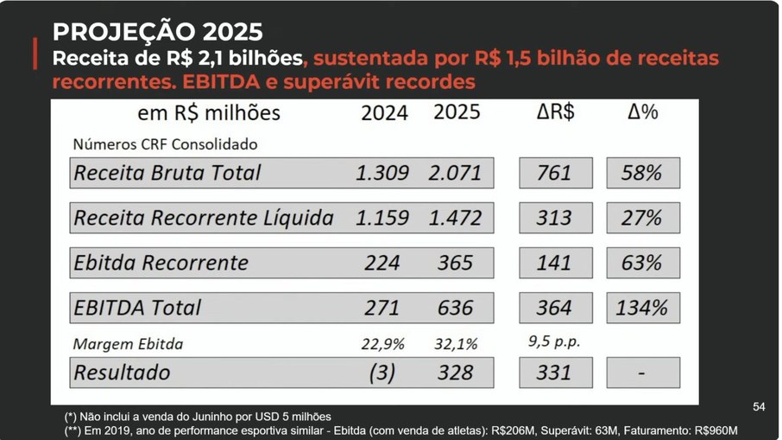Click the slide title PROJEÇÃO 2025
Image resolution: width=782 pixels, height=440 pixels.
pos(157,32)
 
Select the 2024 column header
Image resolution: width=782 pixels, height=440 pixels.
pos(384,113)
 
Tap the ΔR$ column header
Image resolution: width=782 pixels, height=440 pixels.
pos(554,112)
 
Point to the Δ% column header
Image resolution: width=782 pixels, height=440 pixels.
pos(642,112)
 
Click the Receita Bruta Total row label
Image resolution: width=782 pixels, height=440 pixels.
pos(167,173)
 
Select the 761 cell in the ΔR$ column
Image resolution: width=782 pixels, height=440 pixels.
pos(555,173)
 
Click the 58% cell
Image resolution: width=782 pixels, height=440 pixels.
pos(643,173)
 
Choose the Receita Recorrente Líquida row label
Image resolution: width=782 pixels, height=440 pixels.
pos(204,218)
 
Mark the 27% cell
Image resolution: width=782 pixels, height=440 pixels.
pos(643,218)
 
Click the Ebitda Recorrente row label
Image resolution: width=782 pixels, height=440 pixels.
pos(161,263)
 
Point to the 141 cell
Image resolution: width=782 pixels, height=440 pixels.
pos(555,263)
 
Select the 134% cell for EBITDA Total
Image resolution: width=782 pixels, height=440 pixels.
pos(643,308)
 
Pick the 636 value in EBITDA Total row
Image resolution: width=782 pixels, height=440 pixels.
pos(455,308)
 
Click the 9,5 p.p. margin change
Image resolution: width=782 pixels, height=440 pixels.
pos(553,341)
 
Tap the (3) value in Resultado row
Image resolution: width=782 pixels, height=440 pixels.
pos(382,373)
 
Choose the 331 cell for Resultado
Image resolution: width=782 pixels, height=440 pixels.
pos(555,373)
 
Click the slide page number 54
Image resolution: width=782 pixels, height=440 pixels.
pos(759,406)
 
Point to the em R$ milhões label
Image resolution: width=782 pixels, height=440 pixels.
pos(209,113)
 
